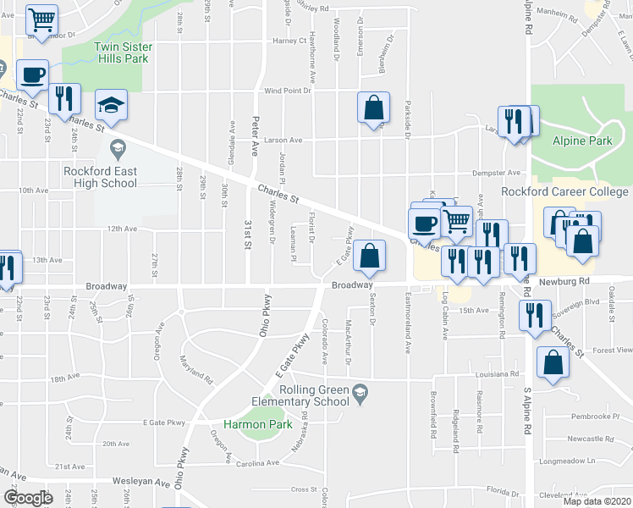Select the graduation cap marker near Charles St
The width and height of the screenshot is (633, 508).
pos(110,105)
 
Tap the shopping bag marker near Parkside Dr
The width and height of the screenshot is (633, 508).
pos(373,108)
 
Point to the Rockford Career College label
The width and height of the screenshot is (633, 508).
pos(565,191)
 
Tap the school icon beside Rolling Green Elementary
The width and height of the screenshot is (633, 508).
pos(361,391)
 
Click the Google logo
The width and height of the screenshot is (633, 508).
pos(29,498)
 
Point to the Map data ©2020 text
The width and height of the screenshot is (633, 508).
pos(597,501)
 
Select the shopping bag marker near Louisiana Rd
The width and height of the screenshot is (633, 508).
pos(553,364)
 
